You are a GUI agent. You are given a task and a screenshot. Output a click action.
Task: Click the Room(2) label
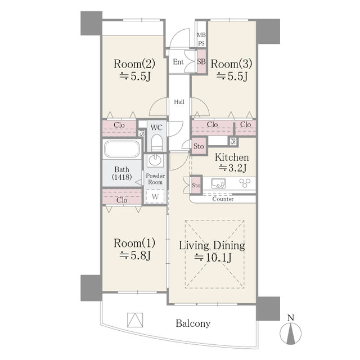pos(134,64)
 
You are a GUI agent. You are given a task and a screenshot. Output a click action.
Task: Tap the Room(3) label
pos(231,64)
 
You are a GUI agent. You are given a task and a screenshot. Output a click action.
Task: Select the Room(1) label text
pos(134,243)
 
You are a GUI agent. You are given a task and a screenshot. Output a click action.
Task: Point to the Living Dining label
pos(212,245)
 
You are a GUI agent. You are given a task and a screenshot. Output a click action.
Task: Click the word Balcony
pos(193,323)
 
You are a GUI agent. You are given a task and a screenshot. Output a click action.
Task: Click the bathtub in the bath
pos(121,148)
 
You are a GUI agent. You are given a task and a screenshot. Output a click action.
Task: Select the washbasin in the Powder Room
pos(155,160)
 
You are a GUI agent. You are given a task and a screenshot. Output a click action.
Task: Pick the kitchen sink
pos(218,183)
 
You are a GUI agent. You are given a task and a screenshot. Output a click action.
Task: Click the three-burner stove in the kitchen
pos(245,183)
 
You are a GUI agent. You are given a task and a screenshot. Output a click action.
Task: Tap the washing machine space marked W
pos(155,196)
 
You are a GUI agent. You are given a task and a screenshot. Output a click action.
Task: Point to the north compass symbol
pos(291,330)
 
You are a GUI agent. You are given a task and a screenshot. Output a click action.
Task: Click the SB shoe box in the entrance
pos(201,62)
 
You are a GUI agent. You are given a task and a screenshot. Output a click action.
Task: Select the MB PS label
pos(201,39)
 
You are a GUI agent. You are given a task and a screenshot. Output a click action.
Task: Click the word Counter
pos(223,199)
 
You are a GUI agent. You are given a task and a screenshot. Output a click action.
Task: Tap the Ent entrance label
pos(178,62)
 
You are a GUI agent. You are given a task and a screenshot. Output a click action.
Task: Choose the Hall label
pos(179,102)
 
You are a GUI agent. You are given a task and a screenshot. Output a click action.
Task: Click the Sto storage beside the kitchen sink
pos(196,185)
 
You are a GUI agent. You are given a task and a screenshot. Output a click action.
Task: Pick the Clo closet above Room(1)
pos(122,197)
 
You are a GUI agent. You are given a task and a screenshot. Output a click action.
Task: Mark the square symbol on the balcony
pos(135,320)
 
